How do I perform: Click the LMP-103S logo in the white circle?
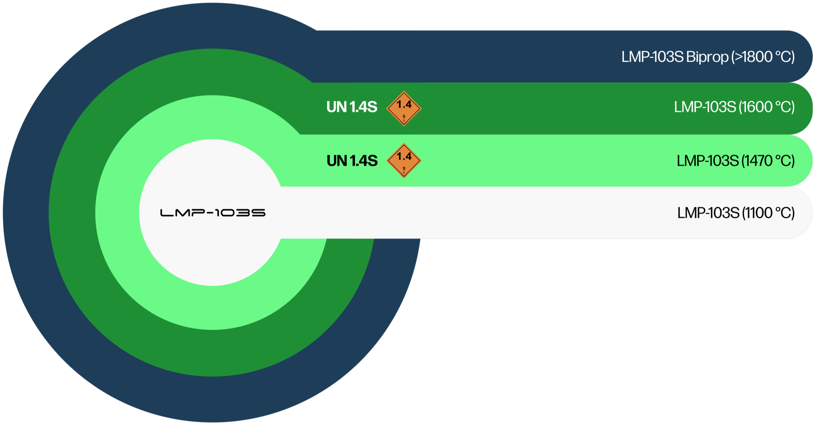click(x=213, y=213)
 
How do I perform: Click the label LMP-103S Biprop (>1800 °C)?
click(x=708, y=57)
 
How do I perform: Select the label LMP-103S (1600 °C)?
click(x=734, y=107)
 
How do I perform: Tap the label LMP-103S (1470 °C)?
click(x=735, y=161)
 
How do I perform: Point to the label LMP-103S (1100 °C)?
click(x=736, y=213)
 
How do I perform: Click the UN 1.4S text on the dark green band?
click(x=352, y=107)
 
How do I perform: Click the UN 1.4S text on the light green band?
click(x=352, y=161)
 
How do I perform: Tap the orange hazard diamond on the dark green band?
click(x=404, y=108)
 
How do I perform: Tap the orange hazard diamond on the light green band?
click(x=404, y=160)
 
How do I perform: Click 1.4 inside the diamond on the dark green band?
click(x=404, y=104)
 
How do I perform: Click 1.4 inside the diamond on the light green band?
click(x=404, y=156)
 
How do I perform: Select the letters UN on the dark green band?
click(x=336, y=107)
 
